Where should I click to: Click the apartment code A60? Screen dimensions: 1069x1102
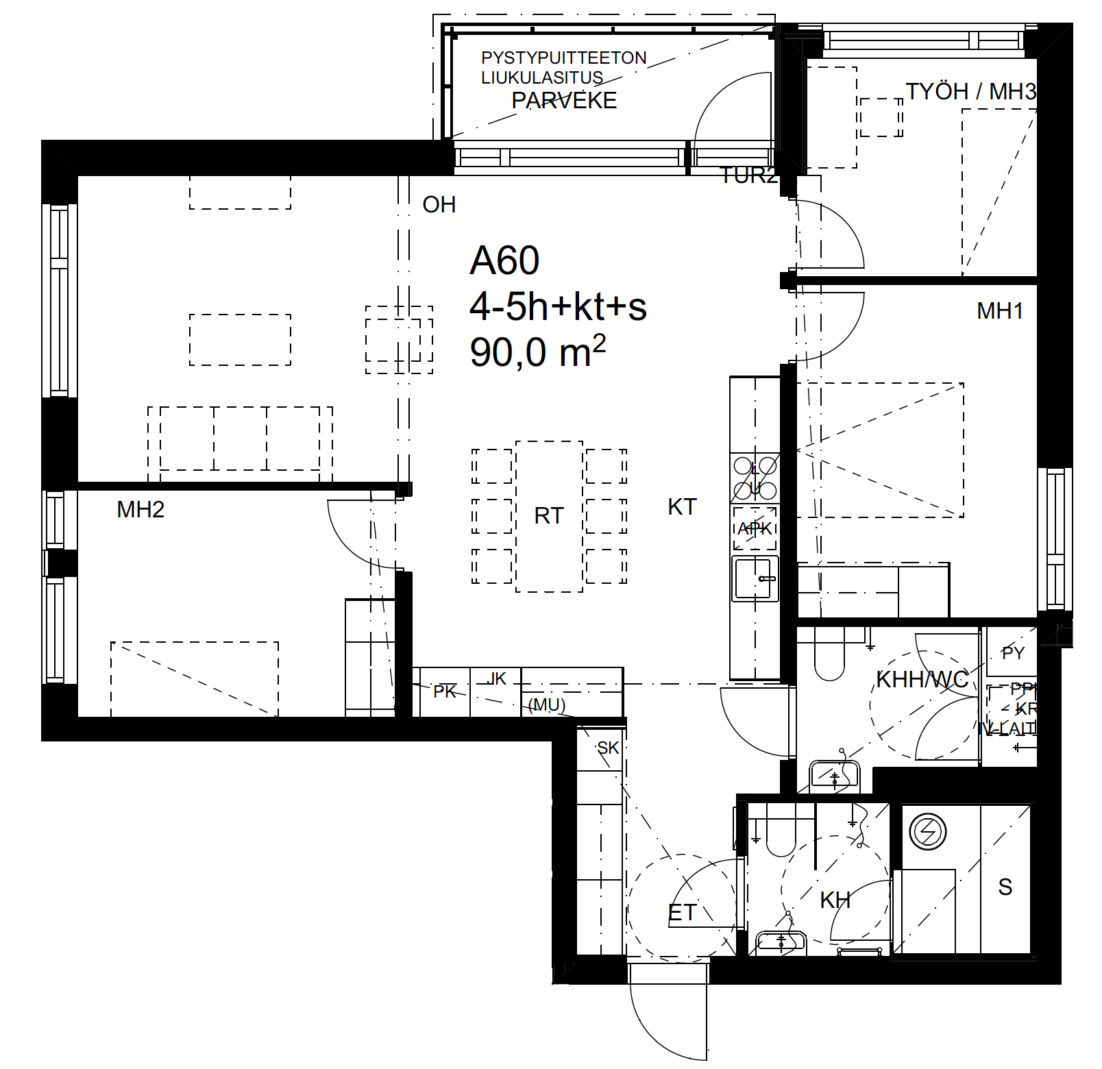[x=504, y=261]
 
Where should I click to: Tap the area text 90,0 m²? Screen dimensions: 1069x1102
[x=537, y=352]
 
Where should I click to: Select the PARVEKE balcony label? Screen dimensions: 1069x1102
[x=564, y=101]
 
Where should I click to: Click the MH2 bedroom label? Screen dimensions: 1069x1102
[x=140, y=510]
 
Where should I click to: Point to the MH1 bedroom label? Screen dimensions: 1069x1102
[x=1000, y=311]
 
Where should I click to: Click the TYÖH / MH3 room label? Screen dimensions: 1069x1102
[x=970, y=92]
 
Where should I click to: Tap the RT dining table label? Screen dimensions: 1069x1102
[x=549, y=516]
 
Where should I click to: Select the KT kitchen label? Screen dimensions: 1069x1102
[x=682, y=507]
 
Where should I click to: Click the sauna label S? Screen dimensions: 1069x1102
[x=1005, y=887]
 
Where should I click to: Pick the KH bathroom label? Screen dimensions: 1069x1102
[x=835, y=900]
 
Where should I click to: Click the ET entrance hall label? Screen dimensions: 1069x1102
[x=682, y=913]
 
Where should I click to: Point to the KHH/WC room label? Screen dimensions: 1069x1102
[x=922, y=680]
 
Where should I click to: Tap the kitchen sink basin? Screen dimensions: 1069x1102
[x=753, y=580]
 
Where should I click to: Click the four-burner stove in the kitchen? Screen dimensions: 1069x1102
[x=755, y=478]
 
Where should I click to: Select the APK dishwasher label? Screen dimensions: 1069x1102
[x=755, y=528]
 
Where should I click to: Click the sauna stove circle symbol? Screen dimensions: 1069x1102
[x=927, y=833]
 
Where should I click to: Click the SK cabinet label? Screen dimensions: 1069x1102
[x=608, y=748]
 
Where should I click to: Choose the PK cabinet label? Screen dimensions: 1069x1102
[x=445, y=691]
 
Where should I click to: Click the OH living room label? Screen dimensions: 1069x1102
[x=439, y=205]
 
